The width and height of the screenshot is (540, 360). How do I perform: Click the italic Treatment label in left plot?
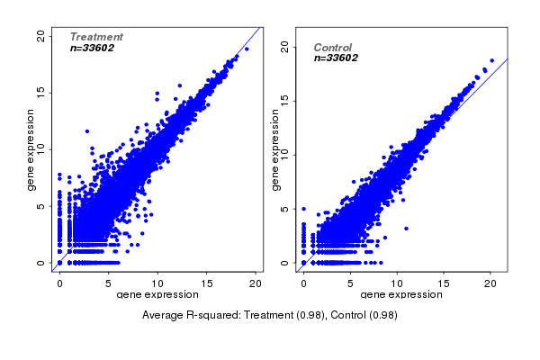[x=96, y=37]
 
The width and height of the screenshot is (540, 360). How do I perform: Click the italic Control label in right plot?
[x=332, y=48]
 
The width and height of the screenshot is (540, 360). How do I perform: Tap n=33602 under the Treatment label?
[x=92, y=48]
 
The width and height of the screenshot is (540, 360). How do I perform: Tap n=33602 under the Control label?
[x=336, y=58]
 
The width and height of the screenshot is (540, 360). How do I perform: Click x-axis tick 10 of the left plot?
[x=157, y=283]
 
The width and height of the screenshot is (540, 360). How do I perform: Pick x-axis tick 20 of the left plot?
[x=256, y=283]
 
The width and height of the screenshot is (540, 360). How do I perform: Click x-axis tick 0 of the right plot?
[x=303, y=283]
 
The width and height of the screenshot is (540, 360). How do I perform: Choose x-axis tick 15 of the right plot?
[x=443, y=283]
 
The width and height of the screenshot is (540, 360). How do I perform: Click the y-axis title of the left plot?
[x=31, y=149]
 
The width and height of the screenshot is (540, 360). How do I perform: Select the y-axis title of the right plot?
[x=274, y=149]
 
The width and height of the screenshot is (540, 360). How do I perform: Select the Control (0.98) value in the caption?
[x=364, y=315]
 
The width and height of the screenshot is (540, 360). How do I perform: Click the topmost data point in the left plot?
[x=247, y=49]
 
